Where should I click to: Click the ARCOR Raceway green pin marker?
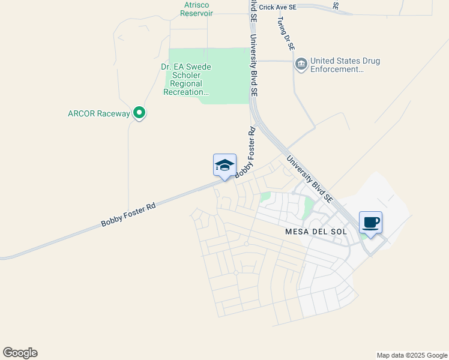pyautogui.click(x=139, y=112)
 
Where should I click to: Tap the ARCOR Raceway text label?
pyautogui.click(x=99, y=113)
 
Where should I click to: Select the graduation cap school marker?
pyautogui.click(x=224, y=166)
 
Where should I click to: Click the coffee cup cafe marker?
pyautogui.click(x=370, y=223)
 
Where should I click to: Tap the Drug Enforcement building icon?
pyautogui.click(x=301, y=63)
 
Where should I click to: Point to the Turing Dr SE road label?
pyautogui.click(x=286, y=33)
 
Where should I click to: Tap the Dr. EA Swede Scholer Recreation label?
pyautogui.click(x=187, y=79)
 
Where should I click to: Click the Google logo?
pyautogui.click(x=20, y=353)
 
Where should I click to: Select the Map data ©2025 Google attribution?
pyautogui.click(x=412, y=355)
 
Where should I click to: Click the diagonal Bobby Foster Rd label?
pyautogui.click(x=128, y=215)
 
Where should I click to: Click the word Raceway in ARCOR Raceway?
pyautogui.click(x=114, y=113)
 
